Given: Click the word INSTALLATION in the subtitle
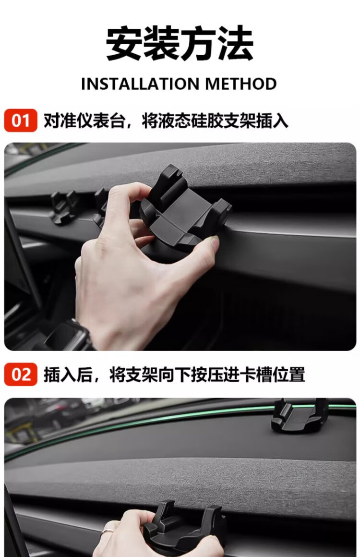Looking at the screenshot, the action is (x=140, y=84).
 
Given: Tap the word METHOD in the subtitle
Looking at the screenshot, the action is (x=240, y=84).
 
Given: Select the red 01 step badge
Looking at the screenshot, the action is (x=21, y=121).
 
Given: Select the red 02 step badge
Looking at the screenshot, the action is (x=21, y=375).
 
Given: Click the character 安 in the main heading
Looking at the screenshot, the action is (x=124, y=43).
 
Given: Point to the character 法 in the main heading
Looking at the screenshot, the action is (x=236, y=43).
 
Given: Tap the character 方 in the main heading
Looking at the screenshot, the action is (x=198, y=43).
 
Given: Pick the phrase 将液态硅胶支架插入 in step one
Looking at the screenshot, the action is (x=215, y=121).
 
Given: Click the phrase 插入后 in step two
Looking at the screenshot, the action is (x=68, y=375).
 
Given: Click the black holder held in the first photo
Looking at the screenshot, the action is (x=185, y=211).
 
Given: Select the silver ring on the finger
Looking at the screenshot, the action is (x=107, y=532).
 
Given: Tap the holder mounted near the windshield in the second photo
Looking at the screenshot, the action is (x=299, y=416).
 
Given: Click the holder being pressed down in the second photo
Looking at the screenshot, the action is (x=185, y=529).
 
